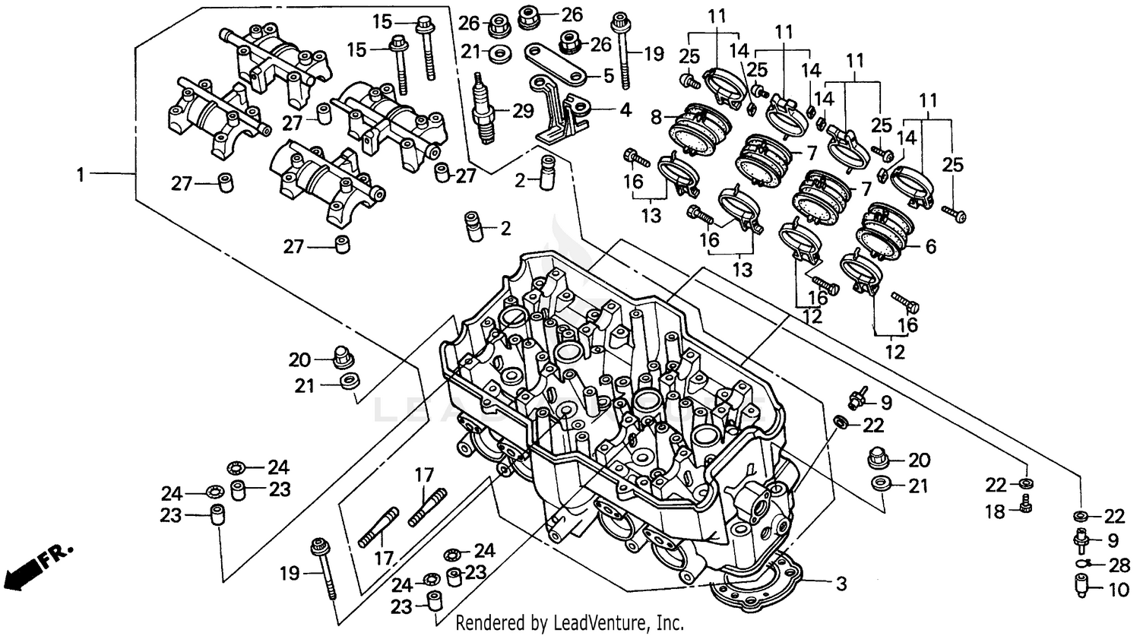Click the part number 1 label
coord(80,175)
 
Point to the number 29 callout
coord(523,112)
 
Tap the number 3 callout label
coord(841,584)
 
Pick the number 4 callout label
coord(625,110)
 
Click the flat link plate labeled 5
coord(556,68)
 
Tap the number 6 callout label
coord(930,246)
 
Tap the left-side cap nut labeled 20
coord(343,357)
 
